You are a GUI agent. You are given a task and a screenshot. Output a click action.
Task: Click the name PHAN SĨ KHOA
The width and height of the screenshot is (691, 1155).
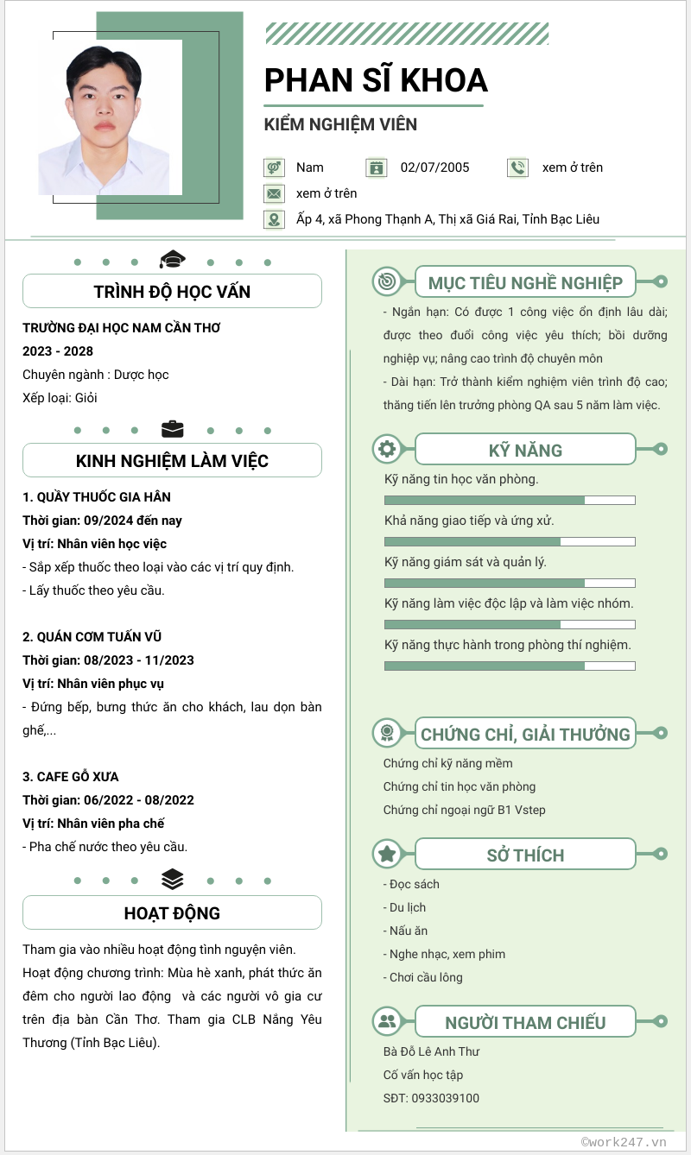pos(376,80)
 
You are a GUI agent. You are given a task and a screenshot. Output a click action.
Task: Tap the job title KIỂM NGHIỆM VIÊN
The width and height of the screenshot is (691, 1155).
pos(340,124)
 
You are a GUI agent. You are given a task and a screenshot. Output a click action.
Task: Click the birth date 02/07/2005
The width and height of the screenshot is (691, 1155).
pos(435,167)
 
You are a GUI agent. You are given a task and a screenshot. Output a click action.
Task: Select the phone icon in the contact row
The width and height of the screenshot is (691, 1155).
pos(517,167)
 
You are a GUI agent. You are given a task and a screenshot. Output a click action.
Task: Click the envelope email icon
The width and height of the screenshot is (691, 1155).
pos(274,193)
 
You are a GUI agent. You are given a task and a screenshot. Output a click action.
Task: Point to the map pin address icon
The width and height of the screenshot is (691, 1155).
pos(274,219)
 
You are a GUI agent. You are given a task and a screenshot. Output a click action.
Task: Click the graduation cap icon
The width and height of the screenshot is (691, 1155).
pos(173,259)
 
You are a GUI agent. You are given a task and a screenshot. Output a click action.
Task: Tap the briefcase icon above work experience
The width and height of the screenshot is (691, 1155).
pos(173,429)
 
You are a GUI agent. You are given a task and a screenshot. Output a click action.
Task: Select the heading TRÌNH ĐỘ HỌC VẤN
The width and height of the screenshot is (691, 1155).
pos(173,292)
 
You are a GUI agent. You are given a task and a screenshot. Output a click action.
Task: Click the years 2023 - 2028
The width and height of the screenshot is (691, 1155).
pos(58,351)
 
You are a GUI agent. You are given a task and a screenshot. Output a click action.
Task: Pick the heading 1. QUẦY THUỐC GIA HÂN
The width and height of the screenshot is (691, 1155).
pos(97,497)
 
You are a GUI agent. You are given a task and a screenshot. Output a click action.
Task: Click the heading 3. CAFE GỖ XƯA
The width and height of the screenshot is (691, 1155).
pos(71,777)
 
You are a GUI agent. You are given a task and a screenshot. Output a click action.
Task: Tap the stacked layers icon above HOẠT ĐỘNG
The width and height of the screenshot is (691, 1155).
pos(173,879)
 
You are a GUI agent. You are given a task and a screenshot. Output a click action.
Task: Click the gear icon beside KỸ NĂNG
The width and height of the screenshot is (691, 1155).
pos(387,449)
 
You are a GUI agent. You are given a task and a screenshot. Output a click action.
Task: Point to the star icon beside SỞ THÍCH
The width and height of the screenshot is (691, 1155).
pos(387,854)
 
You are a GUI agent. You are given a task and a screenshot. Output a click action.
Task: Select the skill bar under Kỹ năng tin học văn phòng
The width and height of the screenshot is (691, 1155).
pos(510,500)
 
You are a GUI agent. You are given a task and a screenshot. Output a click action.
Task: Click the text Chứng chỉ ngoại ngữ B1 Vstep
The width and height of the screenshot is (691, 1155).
pos(465,810)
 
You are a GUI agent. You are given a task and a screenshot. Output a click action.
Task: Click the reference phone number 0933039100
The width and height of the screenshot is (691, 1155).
pos(446,1098)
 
